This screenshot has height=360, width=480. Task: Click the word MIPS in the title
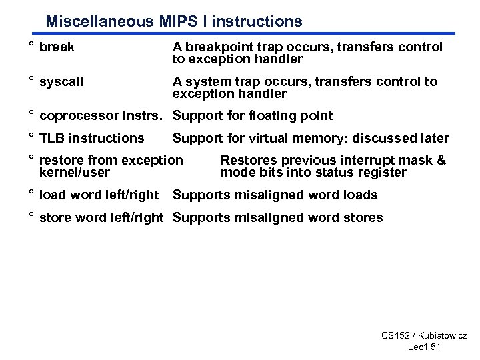(x=177, y=21)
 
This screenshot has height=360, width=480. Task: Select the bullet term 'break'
(x=57, y=47)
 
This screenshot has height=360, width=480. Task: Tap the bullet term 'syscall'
(x=62, y=82)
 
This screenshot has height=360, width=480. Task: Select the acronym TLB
(x=52, y=139)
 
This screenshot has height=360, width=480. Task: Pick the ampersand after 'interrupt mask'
(x=441, y=161)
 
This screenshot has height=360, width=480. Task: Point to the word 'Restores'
(x=247, y=161)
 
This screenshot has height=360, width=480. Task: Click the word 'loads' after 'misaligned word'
(x=361, y=195)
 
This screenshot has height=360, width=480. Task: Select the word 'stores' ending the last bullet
(x=364, y=218)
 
